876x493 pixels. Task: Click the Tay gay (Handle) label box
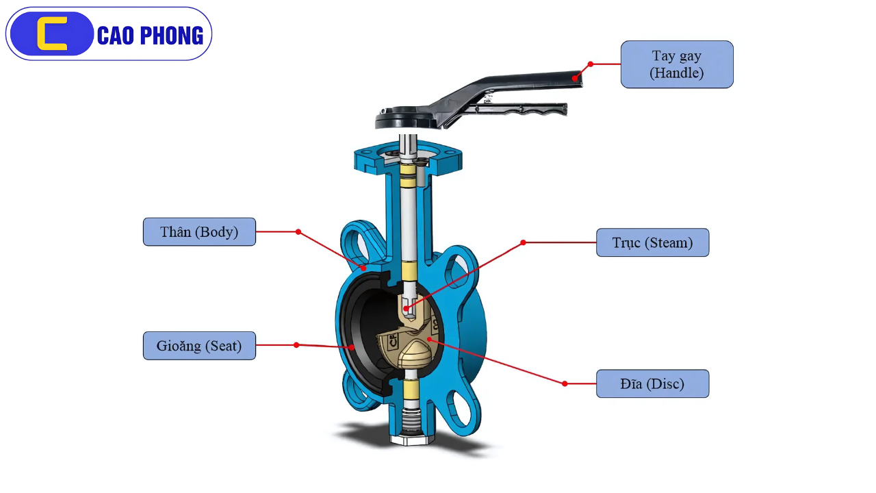click(677, 64)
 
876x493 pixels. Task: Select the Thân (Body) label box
click(199, 232)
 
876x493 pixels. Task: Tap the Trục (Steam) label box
click(652, 243)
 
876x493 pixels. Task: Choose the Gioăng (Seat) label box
click(199, 346)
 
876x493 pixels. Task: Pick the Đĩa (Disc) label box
click(652, 384)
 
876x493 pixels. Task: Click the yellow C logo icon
click(52, 34)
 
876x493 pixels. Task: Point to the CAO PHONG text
click(150, 36)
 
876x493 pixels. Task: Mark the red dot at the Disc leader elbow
click(565, 384)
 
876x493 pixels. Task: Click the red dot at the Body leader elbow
click(298, 232)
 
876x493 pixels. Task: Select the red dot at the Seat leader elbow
click(296, 345)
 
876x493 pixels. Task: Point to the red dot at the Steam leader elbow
click(524, 242)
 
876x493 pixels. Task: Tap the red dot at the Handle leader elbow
click(591, 64)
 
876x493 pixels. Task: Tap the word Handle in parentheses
click(677, 73)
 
